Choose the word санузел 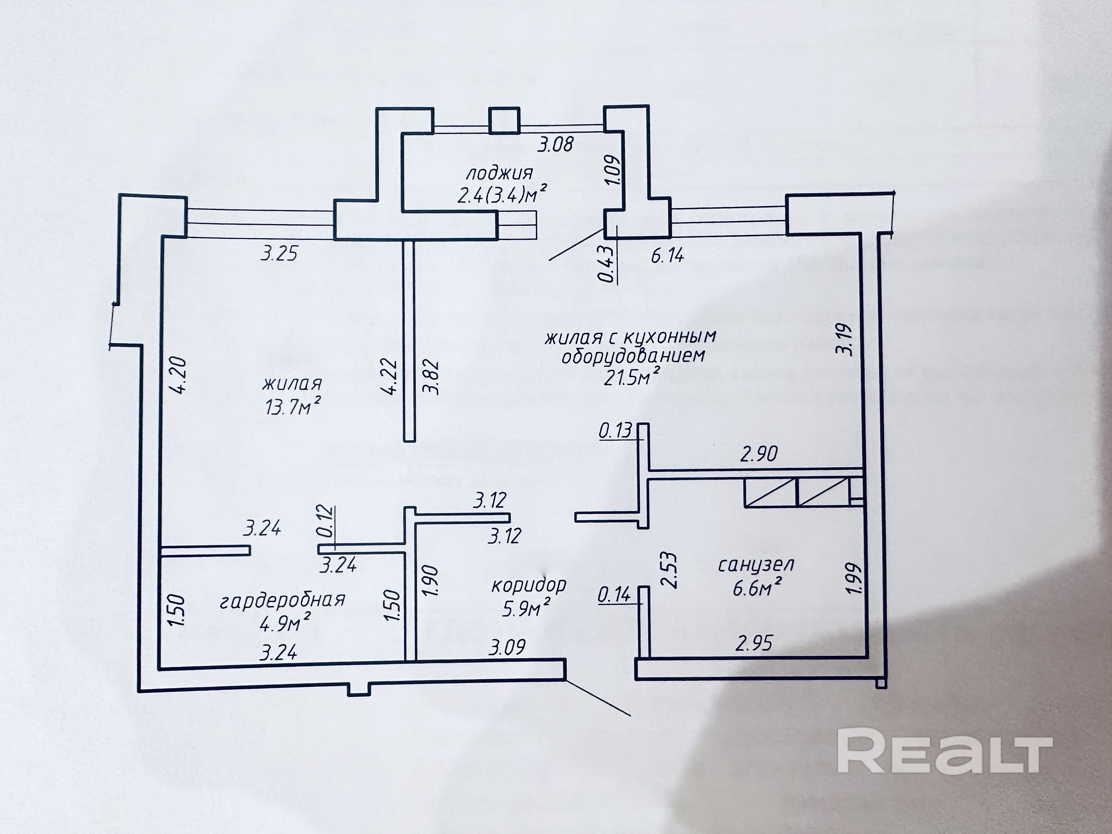[x=756, y=565]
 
